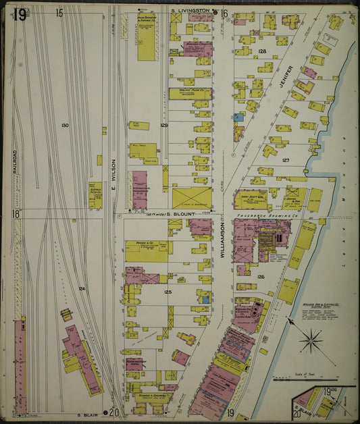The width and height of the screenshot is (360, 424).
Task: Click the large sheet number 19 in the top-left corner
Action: [20, 14]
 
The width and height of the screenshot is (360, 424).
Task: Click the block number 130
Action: [65, 126]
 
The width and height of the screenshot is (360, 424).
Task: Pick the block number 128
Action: [262, 51]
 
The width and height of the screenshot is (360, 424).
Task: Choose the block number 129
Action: [163, 126]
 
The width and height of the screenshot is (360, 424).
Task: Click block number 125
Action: [168, 292]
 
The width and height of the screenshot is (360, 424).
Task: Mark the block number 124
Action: [81, 288]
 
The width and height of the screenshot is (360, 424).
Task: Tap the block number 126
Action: [260, 276]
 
